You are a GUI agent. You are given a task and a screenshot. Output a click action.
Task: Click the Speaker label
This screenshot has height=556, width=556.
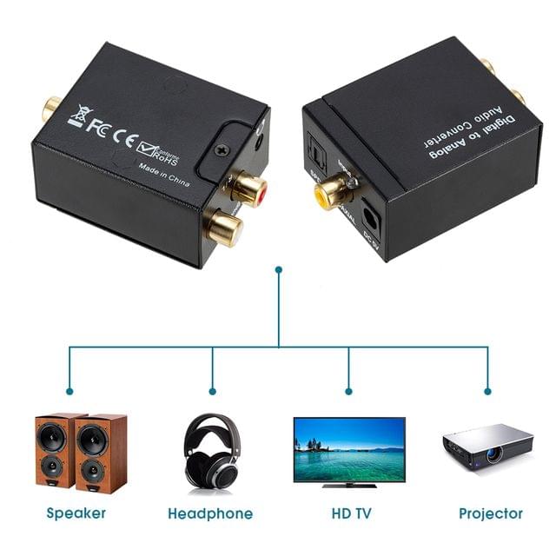click(76, 513)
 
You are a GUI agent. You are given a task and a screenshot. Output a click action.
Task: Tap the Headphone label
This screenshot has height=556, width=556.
click(210, 513)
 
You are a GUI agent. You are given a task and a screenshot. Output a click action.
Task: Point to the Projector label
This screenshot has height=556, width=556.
click(491, 513)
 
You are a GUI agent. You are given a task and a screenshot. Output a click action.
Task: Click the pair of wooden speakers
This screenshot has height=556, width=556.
click(80, 452)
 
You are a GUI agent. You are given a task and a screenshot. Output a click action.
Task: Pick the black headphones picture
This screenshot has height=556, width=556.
click(211, 452)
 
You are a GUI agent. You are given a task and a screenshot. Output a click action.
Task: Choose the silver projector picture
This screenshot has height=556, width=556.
click(487, 446)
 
